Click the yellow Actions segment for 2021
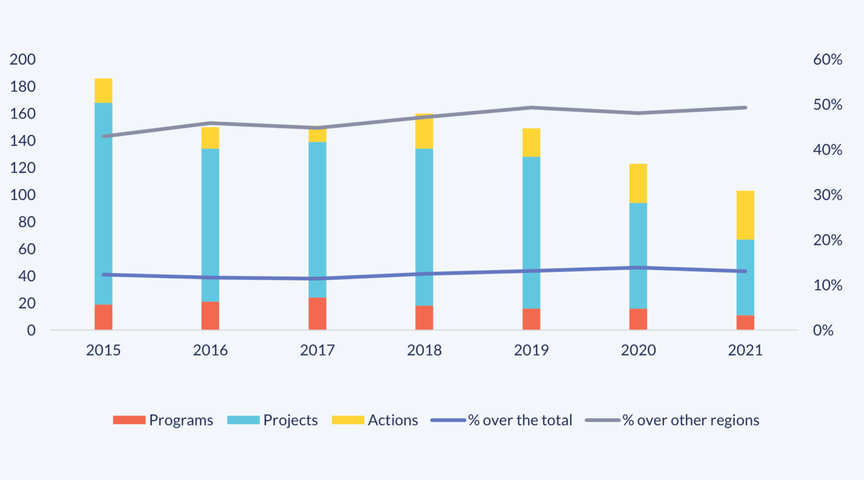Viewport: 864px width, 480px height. point(745,215)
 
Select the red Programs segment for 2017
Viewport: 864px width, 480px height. point(317,313)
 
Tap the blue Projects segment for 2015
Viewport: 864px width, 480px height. point(103,204)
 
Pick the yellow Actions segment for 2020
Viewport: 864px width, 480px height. point(638,183)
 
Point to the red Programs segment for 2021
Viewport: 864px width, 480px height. point(745,322)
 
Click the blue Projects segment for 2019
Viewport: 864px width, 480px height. point(531,233)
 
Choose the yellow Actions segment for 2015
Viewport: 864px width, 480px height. point(103,91)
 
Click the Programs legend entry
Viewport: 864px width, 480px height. point(163,420)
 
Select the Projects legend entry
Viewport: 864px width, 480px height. point(273,420)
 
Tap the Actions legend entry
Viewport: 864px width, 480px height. point(375,420)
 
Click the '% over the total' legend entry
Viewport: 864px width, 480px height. point(502,420)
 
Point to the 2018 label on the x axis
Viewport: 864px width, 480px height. point(424,350)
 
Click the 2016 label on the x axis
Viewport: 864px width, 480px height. point(210,350)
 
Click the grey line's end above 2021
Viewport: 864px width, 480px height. point(745,107)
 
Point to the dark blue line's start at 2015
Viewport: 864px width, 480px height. point(103,275)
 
